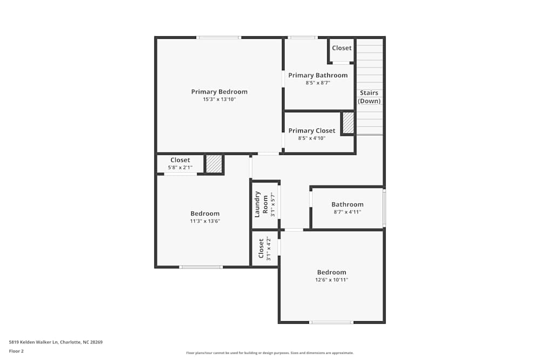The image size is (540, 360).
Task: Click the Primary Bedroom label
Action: [219, 92]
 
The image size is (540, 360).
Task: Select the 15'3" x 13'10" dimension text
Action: [219, 99]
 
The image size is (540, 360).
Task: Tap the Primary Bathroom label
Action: [318, 76]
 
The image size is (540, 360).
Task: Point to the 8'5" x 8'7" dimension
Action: [318, 83]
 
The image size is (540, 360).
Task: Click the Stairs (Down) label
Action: [369, 97]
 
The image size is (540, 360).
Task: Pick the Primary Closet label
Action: [312, 131]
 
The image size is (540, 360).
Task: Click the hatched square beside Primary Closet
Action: [348, 123]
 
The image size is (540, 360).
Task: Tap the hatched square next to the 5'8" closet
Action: [214, 164]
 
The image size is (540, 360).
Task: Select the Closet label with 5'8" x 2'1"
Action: [180, 160]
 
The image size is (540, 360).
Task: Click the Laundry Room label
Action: [261, 205]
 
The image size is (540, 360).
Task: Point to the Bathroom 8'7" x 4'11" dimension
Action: [347, 212]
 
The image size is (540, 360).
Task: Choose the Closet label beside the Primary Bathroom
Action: [342, 48]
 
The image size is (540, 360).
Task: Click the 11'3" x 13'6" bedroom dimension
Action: [205, 221]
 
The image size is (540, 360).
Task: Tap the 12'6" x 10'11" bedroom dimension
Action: [332, 280]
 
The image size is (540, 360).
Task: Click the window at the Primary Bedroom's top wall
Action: [219, 38]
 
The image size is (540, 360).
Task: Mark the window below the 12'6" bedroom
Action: [331, 322]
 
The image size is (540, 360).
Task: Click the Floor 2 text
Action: [16, 351]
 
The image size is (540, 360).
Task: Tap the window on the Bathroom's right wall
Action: [384, 208]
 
